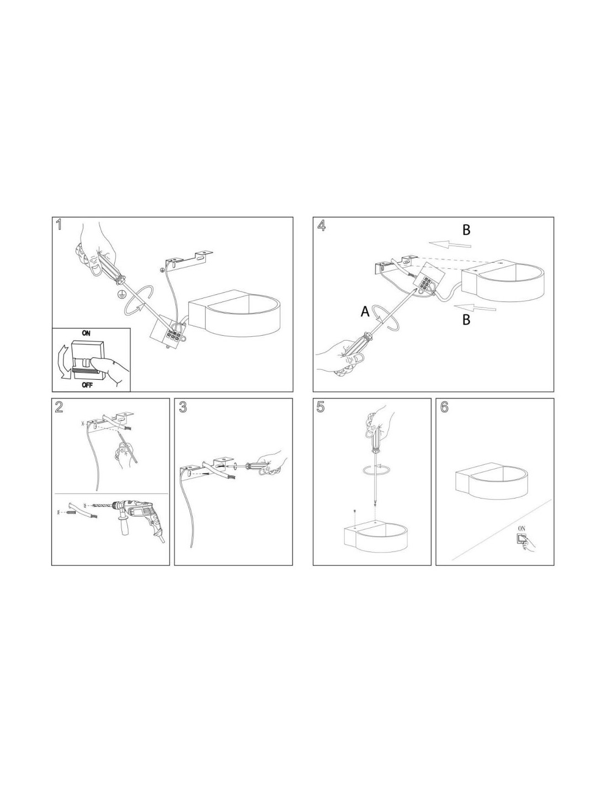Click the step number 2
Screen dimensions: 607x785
point(59,407)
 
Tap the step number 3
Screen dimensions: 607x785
point(183,407)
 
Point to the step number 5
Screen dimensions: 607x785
point(320,407)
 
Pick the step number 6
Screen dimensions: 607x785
point(444,407)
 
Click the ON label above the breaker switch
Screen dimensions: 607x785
point(86,333)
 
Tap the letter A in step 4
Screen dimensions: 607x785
point(365,311)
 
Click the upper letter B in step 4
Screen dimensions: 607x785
point(466,230)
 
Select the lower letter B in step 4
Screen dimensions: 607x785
point(466,320)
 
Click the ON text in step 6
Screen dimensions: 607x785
point(521,528)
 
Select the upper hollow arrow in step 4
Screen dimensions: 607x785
point(450,245)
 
